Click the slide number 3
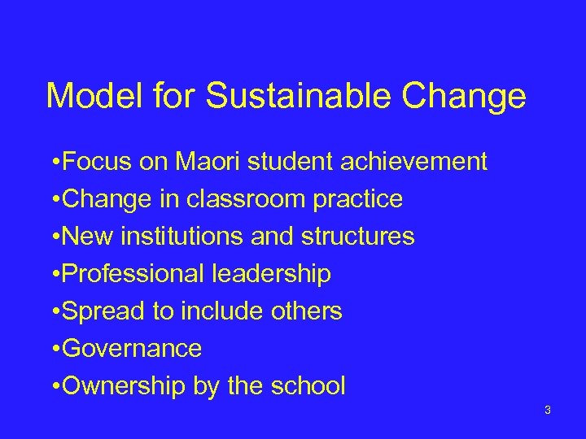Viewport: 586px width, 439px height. click(x=548, y=410)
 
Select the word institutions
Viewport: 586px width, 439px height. click(x=181, y=237)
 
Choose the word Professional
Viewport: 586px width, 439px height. click(x=133, y=274)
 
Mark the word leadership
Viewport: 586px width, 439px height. click(x=271, y=274)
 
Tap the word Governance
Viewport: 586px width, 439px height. click(x=131, y=349)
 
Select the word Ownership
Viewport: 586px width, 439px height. click(x=124, y=386)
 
